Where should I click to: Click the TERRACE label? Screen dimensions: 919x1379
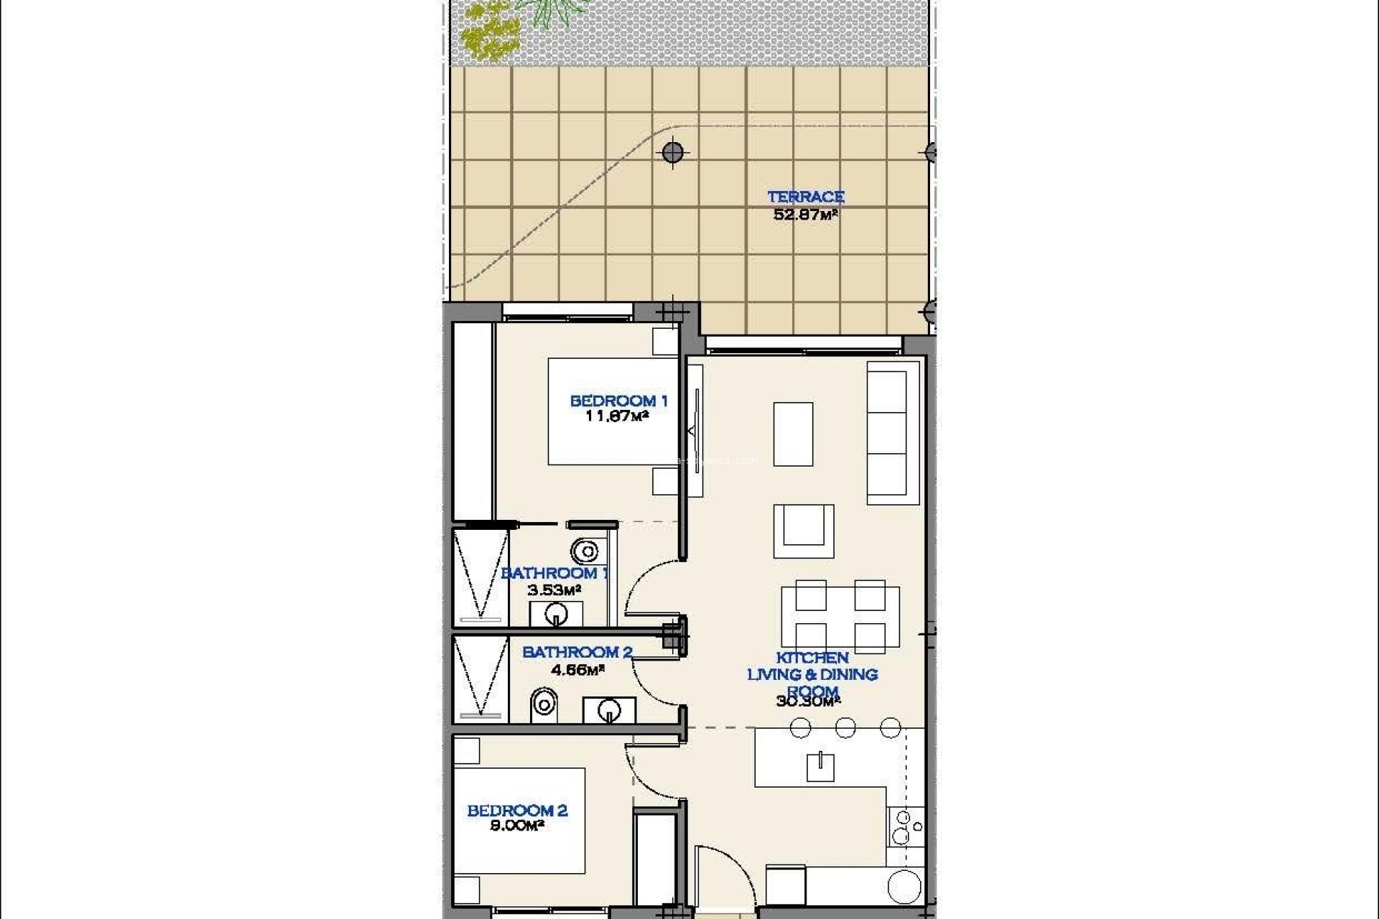pyautogui.click(x=805, y=197)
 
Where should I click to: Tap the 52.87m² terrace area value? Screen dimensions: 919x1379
pyautogui.click(x=805, y=214)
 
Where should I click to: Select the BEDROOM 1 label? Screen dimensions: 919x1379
pyautogui.click(x=618, y=401)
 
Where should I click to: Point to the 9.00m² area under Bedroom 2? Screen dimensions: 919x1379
pyautogui.click(x=516, y=826)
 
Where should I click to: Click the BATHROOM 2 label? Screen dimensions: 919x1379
pyautogui.click(x=577, y=652)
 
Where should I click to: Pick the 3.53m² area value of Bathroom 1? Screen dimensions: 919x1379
pyautogui.click(x=554, y=590)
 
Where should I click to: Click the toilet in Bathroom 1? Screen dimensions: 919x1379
pyautogui.click(x=585, y=551)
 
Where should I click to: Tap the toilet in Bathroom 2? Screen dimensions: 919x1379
pyautogui.click(x=544, y=705)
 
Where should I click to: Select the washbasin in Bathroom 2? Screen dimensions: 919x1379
pyautogui.click(x=608, y=710)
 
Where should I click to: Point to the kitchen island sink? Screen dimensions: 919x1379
pyautogui.click(x=819, y=767)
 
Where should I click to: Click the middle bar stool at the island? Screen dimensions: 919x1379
pyautogui.click(x=845, y=727)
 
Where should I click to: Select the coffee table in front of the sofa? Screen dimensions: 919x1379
pyautogui.click(x=793, y=434)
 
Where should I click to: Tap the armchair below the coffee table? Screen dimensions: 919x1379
pyautogui.click(x=803, y=531)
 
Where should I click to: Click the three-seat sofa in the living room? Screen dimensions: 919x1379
pyautogui.click(x=893, y=432)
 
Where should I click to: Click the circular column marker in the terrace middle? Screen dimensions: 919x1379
pyautogui.click(x=672, y=152)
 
